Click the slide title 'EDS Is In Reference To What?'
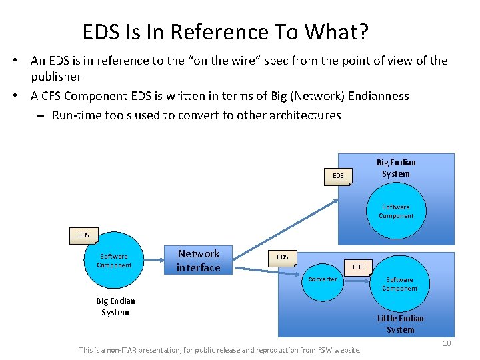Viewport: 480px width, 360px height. coord(225,31)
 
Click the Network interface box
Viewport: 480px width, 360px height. coord(198,261)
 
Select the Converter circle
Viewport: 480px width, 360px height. coord(323,279)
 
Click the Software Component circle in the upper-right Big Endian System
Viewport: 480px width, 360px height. coord(396,211)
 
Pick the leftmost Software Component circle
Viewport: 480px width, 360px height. coord(114,261)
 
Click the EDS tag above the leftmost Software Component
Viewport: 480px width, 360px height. coord(83,235)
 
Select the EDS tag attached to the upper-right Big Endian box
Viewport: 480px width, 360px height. coord(338,176)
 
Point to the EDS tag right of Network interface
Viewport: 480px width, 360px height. coord(283,257)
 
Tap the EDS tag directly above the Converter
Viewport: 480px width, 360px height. coord(358,267)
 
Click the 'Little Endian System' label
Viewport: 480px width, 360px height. coord(400,324)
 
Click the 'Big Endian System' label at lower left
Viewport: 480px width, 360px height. coord(115,307)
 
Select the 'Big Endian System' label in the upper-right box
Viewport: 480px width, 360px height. coord(396,168)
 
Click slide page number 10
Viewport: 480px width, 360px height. coord(447,343)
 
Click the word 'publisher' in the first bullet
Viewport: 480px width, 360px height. coord(56,77)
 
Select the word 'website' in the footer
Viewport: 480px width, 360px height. coord(347,349)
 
